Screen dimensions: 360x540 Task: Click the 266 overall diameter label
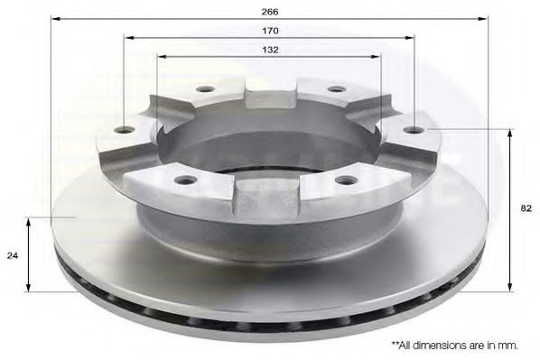[270, 12]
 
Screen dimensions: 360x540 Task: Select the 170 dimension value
[270, 32]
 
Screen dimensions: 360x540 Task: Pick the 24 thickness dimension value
[13, 254]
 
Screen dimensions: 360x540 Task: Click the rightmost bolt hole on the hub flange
[414, 130]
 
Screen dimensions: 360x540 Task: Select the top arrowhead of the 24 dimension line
[31, 222]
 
